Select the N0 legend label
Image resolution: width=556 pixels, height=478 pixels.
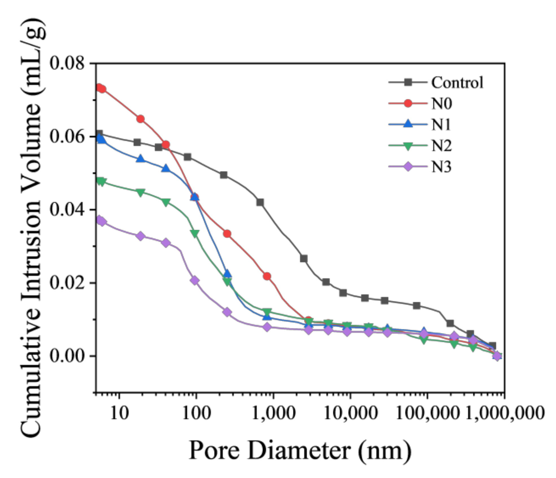pyautogui.click(x=441, y=104)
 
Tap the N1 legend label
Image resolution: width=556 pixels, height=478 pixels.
pyautogui.click(x=440, y=125)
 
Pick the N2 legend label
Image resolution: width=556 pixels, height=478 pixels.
pyautogui.click(x=441, y=146)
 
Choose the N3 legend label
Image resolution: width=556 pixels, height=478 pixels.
pyautogui.click(x=441, y=167)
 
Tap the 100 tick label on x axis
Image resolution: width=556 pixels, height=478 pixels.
pyautogui.click(x=196, y=413)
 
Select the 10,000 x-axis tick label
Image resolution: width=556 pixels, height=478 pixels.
pyautogui.click(x=350, y=413)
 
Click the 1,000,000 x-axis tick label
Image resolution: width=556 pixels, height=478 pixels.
pyautogui.click(x=505, y=413)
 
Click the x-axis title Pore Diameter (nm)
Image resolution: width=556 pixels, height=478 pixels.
pyautogui.click(x=299, y=450)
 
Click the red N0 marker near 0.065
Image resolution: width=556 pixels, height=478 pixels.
pyautogui.click(x=140, y=119)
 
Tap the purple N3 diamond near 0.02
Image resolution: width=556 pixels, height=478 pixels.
pyautogui.click(x=195, y=281)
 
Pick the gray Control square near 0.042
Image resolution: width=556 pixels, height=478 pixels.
pyautogui.click(x=260, y=202)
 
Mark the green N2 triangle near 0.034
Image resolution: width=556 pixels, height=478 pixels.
pyautogui.click(x=195, y=233)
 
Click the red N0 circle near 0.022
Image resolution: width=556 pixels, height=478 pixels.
pyautogui.click(x=267, y=276)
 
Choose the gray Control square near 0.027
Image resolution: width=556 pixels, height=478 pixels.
pyautogui.click(x=304, y=258)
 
